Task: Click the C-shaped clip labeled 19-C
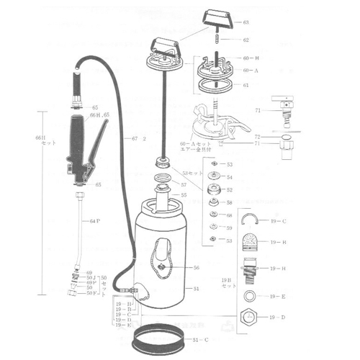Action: point(252,221)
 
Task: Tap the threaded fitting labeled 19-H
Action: point(252,269)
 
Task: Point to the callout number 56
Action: point(196,267)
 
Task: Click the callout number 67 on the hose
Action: point(135,138)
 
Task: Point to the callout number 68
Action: point(229,215)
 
